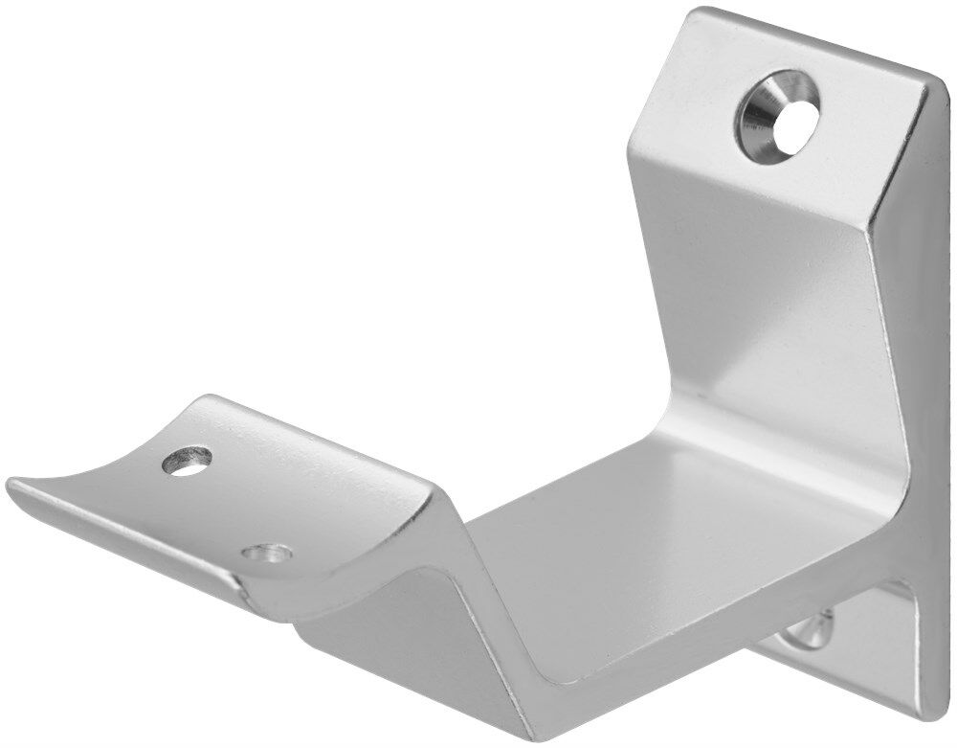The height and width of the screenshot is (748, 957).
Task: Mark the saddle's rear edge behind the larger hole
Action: [x=287, y=421]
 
